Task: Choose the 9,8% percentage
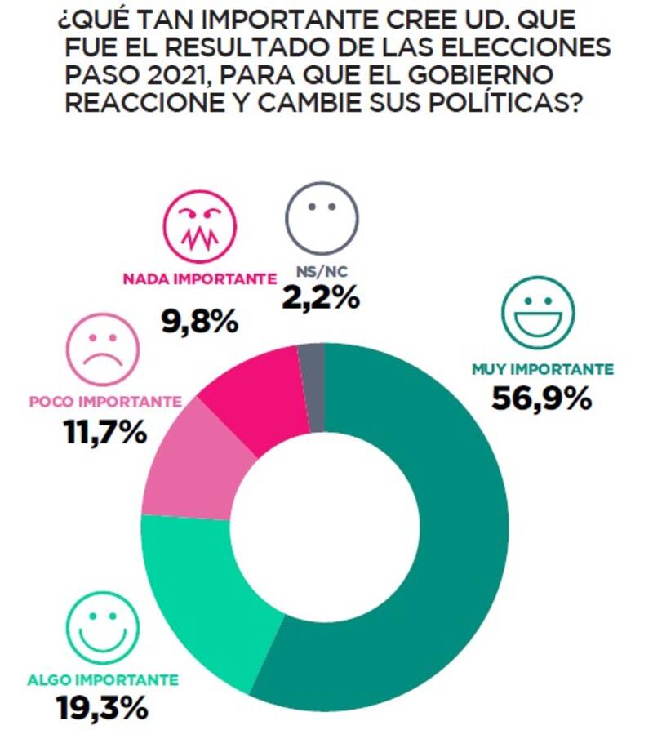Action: pos(199,319)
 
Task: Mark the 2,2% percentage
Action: pos(320,297)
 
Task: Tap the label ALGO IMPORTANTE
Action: pos(103,679)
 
